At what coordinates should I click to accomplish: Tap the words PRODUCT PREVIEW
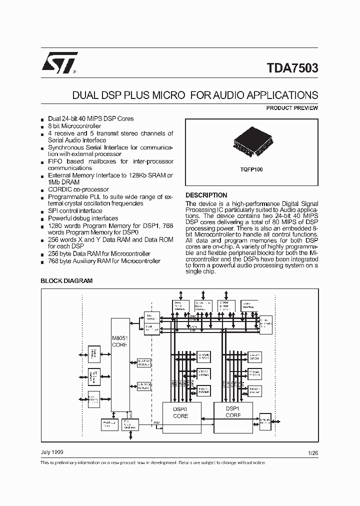pos(292,108)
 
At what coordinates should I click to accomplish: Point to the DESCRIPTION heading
pos(206,195)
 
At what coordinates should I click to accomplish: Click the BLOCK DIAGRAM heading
pos(66,281)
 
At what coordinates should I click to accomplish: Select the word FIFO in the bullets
pos(54,161)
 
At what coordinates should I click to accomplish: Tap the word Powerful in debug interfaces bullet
pos(60,218)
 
